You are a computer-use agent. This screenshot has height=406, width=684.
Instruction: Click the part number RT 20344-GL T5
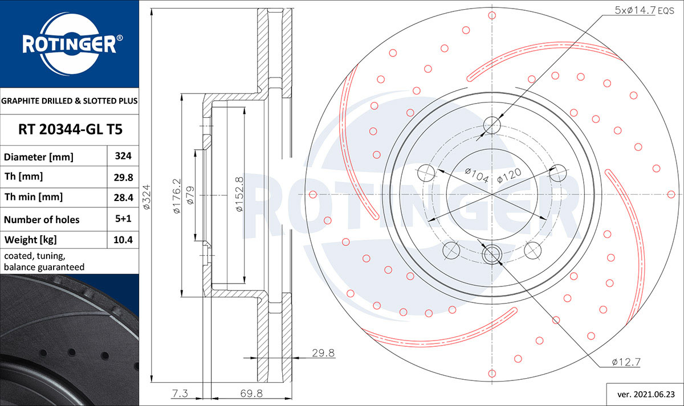(x=70, y=129)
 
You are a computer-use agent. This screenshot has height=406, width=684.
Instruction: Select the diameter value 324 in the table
(x=123, y=156)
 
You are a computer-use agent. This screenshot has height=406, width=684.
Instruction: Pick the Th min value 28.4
(x=123, y=198)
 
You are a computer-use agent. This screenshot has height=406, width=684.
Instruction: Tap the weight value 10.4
(x=123, y=240)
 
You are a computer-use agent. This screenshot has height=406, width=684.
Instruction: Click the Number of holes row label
(x=42, y=220)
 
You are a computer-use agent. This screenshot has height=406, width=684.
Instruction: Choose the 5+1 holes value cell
(x=123, y=219)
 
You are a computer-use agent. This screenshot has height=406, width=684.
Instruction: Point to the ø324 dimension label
(x=147, y=197)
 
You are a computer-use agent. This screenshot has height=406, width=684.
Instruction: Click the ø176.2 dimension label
(x=177, y=196)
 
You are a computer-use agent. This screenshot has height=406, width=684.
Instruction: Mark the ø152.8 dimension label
(x=239, y=194)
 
